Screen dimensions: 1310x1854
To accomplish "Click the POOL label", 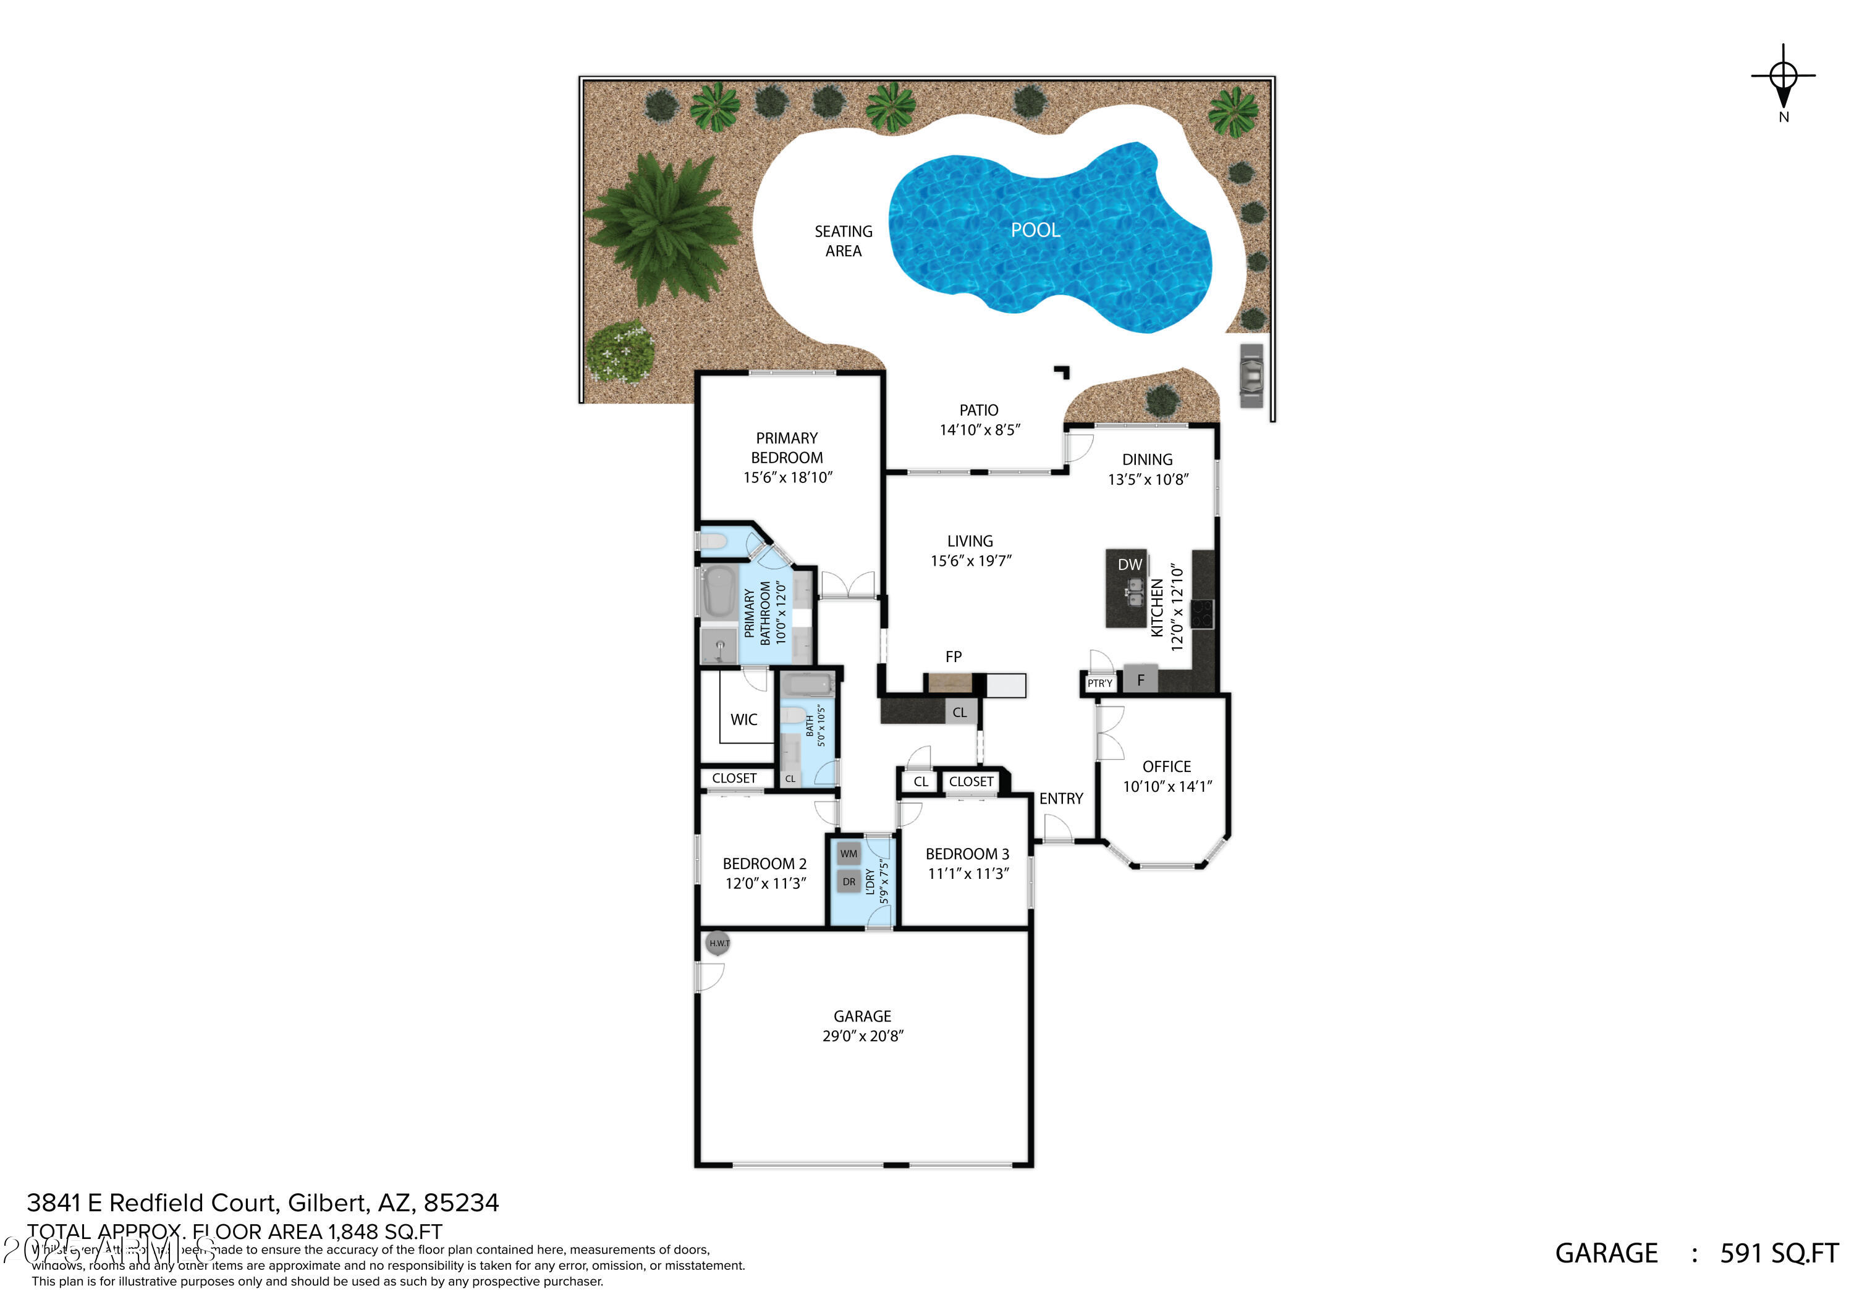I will [x=1035, y=230].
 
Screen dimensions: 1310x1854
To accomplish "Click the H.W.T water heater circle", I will [x=719, y=943].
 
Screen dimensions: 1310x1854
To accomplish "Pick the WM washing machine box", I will [x=849, y=853].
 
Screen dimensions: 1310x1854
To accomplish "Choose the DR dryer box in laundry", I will [x=849, y=881].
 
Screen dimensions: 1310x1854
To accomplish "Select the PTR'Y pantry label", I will [x=1099, y=684].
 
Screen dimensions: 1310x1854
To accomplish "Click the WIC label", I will [x=743, y=719].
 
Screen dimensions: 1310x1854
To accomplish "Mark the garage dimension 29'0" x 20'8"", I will [x=862, y=1036].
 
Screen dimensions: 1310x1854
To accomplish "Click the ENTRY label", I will [x=1060, y=798].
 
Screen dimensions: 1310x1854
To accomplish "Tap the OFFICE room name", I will [x=1166, y=766].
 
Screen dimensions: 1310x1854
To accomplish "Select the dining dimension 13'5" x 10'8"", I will [x=1148, y=479].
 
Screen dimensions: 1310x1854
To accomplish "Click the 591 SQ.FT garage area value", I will [x=1779, y=1253].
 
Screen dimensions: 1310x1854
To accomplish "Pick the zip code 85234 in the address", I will [x=461, y=1203].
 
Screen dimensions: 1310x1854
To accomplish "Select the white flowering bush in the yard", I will [x=619, y=352].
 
